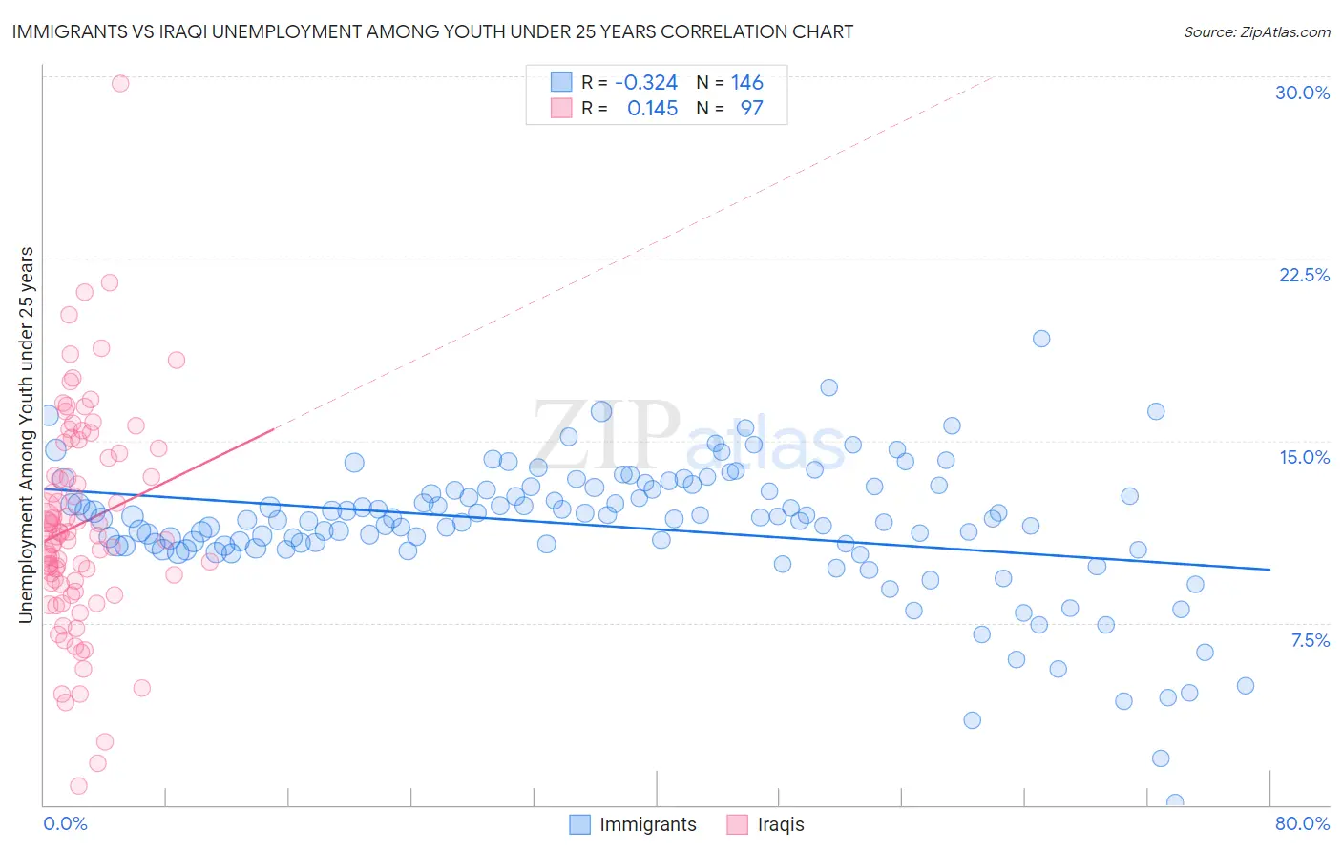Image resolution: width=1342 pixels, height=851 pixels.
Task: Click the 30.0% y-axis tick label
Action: click(1302, 93)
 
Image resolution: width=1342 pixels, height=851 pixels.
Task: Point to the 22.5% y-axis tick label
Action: click(1304, 275)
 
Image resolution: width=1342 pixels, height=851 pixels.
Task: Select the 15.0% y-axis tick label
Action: click(1304, 457)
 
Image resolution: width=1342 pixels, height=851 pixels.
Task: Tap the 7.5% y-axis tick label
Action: click(1310, 640)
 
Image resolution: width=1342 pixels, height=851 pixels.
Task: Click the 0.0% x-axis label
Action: click(65, 823)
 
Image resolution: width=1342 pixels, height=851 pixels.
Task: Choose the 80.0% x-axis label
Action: click(1302, 823)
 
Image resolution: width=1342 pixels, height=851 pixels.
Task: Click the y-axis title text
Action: click(27, 435)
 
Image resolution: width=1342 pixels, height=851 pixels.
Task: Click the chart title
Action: click(432, 31)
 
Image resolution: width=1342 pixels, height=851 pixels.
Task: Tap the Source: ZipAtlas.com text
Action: click(1256, 31)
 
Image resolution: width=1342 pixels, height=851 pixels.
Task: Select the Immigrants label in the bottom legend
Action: click(647, 824)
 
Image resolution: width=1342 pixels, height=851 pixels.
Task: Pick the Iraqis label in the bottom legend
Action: click(780, 824)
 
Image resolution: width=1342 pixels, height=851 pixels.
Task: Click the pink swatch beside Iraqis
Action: click(737, 824)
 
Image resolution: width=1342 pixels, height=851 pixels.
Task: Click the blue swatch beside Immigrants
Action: click(579, 824)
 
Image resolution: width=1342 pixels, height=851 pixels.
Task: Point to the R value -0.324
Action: click(646, 82)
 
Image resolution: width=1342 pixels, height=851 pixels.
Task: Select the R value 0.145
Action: click(652, 108)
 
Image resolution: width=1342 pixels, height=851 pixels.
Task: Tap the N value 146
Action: click(746, 82)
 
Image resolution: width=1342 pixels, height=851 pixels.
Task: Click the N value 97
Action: click(751, 108)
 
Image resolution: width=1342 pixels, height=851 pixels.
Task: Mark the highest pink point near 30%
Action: click(120, 83)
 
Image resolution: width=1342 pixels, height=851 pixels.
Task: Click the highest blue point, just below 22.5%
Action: click(1041, 339)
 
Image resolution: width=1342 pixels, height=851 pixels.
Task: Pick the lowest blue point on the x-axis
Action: click(1175, 802)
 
